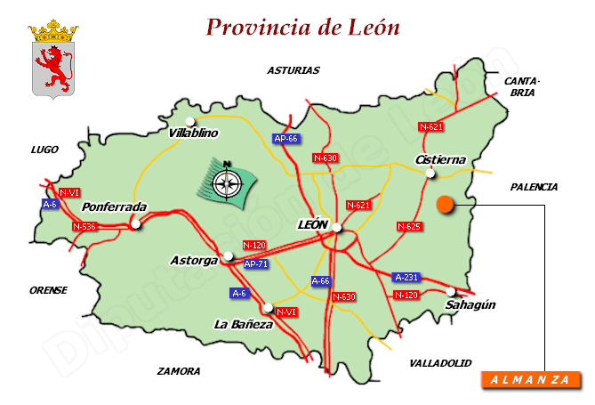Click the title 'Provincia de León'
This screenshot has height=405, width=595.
point(302,27)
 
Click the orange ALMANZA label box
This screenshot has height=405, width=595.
point(530,380)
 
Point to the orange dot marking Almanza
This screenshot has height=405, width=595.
point(446,206)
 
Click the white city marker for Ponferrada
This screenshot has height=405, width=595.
point(135,225)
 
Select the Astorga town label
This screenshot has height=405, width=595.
point(193,261)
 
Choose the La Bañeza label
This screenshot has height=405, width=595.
point(244,324)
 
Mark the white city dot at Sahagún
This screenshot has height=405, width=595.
point(452,291)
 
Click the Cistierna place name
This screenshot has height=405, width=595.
point(440,159)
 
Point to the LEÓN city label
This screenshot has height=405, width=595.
point(311,225)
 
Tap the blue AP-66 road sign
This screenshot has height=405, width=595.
point(285,138)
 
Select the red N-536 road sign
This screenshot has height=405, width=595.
point(84,226)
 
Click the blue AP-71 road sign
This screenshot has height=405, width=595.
point(255,263)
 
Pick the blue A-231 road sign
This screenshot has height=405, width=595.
point(406,277)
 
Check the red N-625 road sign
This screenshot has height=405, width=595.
point(408,226)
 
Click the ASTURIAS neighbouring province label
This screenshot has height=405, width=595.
point(293,69)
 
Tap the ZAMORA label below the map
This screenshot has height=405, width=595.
point(179,371)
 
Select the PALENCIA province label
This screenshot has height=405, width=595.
point(534,187)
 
